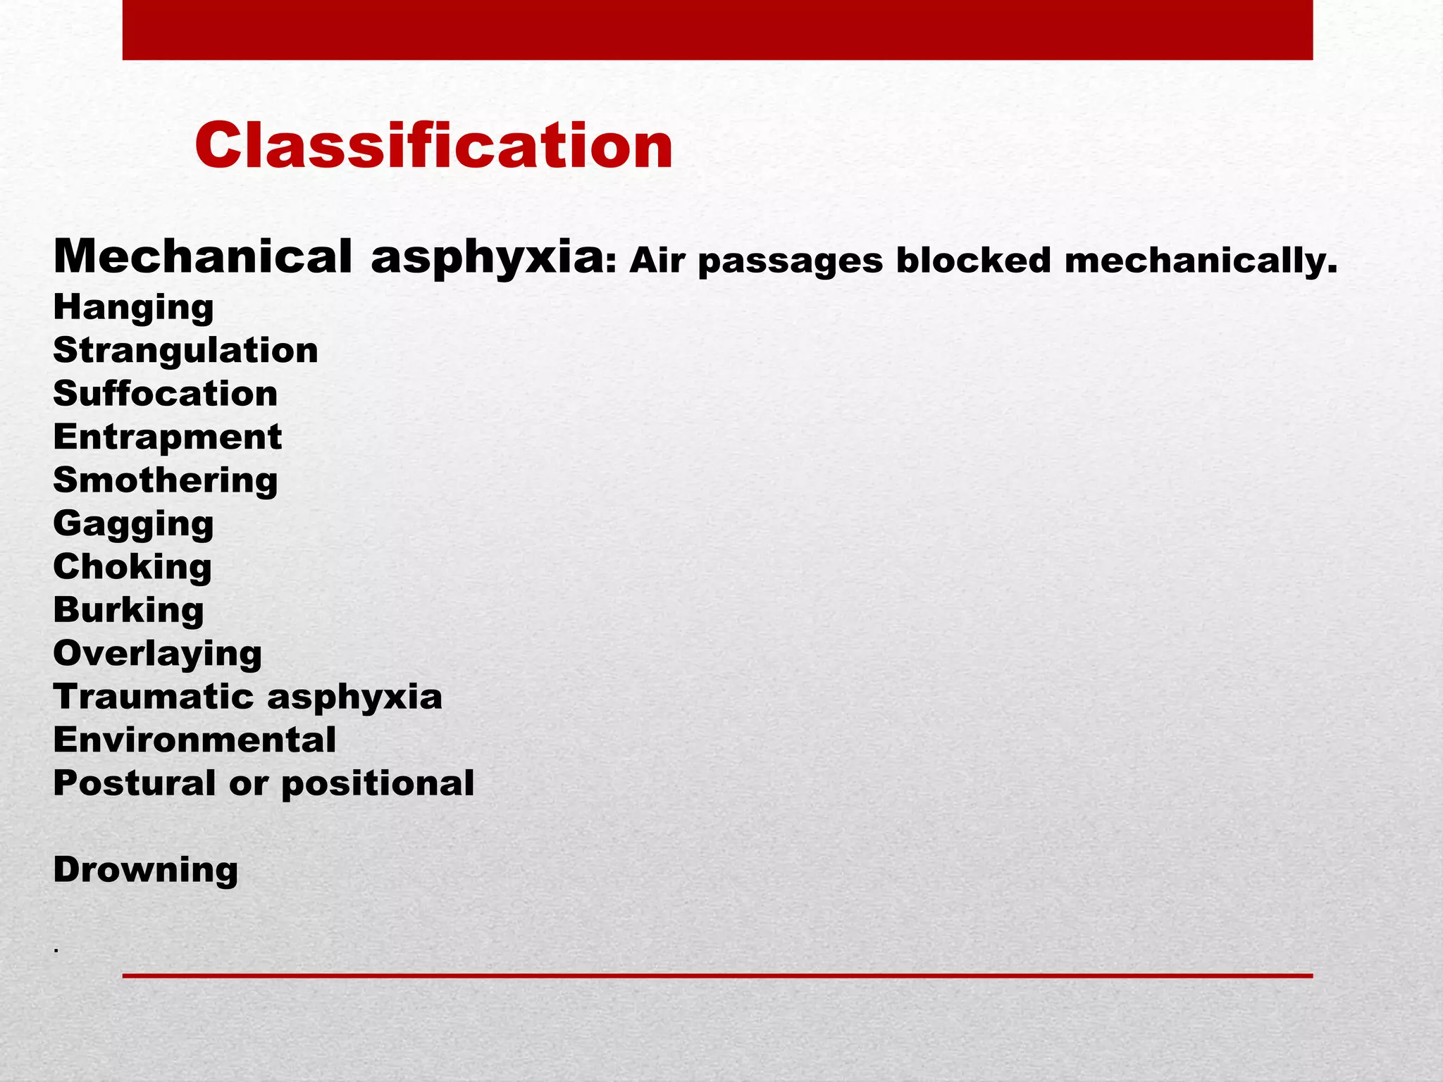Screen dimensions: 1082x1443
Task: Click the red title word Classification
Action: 433,146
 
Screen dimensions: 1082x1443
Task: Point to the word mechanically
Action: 1200,261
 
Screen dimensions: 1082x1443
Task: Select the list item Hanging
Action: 133,308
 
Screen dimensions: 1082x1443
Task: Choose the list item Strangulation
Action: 185,351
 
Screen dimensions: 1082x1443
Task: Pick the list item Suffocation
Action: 165,394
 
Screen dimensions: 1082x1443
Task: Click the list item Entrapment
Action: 167,437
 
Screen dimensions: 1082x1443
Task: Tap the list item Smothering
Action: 165,480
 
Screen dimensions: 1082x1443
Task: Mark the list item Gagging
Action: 133,524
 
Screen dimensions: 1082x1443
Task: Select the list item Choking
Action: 132,567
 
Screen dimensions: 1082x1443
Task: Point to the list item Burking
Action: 128,610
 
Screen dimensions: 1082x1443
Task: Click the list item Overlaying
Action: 157,654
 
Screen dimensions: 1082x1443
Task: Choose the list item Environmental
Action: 194,740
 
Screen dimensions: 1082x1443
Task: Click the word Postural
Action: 135,783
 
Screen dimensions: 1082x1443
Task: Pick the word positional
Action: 378,783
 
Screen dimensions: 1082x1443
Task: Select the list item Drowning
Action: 145,870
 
